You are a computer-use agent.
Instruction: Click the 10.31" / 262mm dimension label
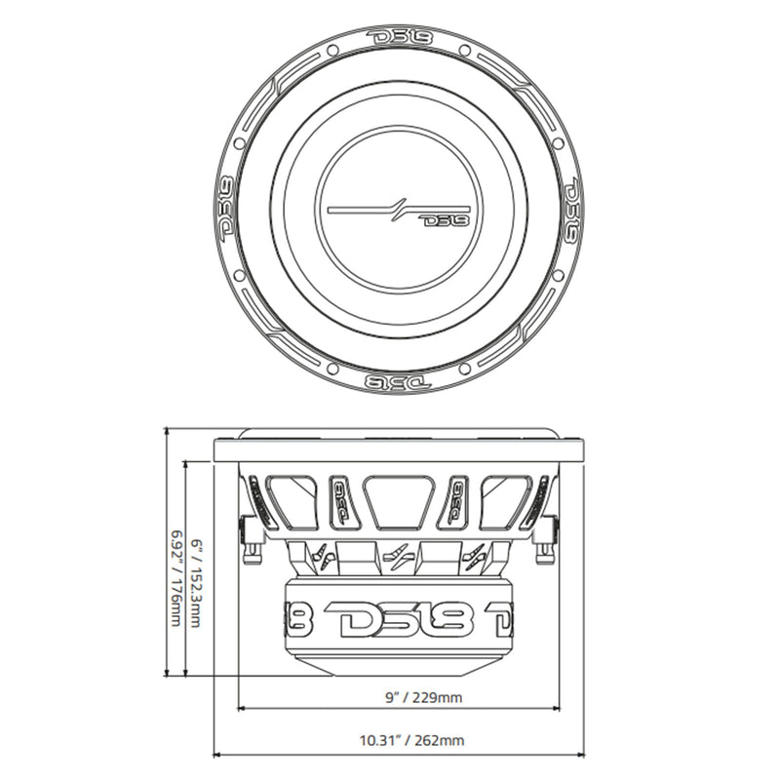click(x=398, y=740)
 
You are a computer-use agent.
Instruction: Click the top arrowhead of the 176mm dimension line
click(x=170, y=431)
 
